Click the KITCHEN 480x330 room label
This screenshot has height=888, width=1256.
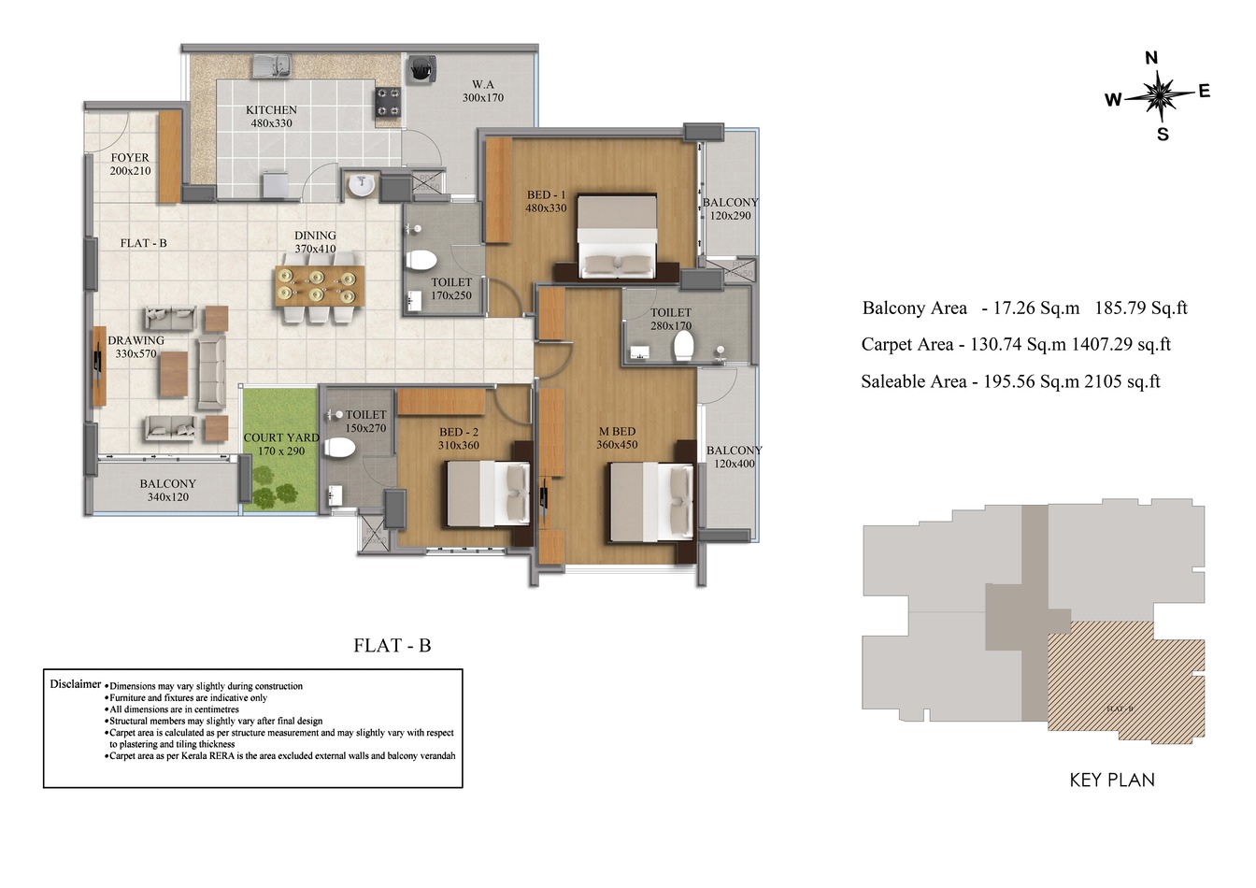(271, 117)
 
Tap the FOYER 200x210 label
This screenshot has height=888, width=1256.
(130, 165)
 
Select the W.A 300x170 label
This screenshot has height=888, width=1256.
(482, 91)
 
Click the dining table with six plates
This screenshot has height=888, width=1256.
(320, 286)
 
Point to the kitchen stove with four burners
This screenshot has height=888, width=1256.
(388, 104)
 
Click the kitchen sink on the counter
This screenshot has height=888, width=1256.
(272, 65)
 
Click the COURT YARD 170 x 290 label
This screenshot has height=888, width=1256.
(281, 444)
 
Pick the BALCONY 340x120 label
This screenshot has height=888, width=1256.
(168, 491)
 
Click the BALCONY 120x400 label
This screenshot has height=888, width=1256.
(735, 457)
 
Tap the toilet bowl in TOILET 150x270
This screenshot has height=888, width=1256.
(339, 449)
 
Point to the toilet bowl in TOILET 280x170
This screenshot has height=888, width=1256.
(683, 347)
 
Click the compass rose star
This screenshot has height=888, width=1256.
(1159, 94)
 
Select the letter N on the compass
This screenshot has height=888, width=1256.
(1151, 58)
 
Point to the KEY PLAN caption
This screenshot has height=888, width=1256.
(1112, 781)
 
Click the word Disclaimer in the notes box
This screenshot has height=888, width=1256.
(75, 684)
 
